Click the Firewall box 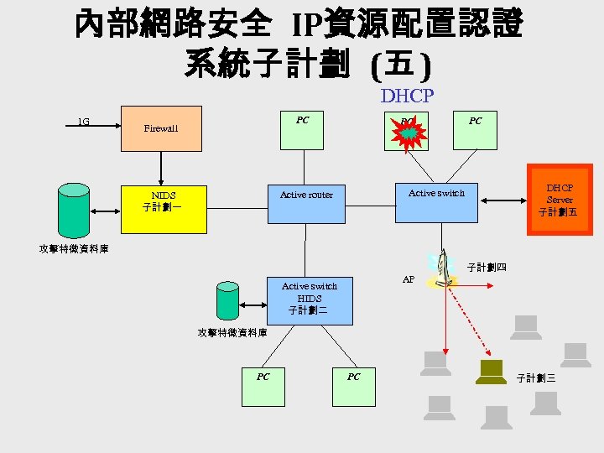pyautogui.click(x=161, y=128)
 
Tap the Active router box pyautogui.click(x=306, y=202)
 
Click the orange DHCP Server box pyautogui.click(x=560, y=200)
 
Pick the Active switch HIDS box pyautogui.click(x=309, y=300)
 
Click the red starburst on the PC pyautogui.click(x=409, y=133)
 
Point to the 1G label pyautogui.click(x=83, y=122)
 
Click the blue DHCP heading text pyautogui.click(x=407, y=96)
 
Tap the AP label pyautogui.click(x=408, y=279)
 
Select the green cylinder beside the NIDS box pyautogui.click(x=74, y=211)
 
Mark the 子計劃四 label pyautogui.click(x=487, y=268)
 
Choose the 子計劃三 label pyautogui.click(x=536, y=378)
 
